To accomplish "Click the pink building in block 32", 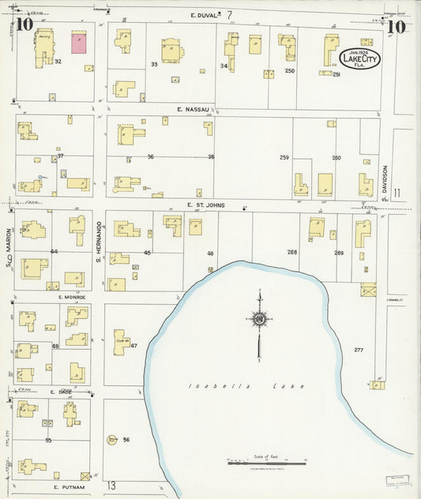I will [80, 43].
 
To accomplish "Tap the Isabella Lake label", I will [216, 385].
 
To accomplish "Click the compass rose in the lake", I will [258, 319].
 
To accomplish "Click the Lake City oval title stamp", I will [359, 58].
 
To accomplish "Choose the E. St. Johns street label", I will [206, 204].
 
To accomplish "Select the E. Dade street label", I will [62, 392].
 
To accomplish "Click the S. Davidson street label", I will [385, 183].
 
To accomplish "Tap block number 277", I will [359, 350].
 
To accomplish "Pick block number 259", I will [284, 157].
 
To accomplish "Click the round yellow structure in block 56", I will [111, 440].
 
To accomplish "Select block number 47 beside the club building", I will [134, 346].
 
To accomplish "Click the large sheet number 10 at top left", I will [24, 24].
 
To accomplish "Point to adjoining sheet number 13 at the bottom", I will [112, 485].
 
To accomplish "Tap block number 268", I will [292, 253].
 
